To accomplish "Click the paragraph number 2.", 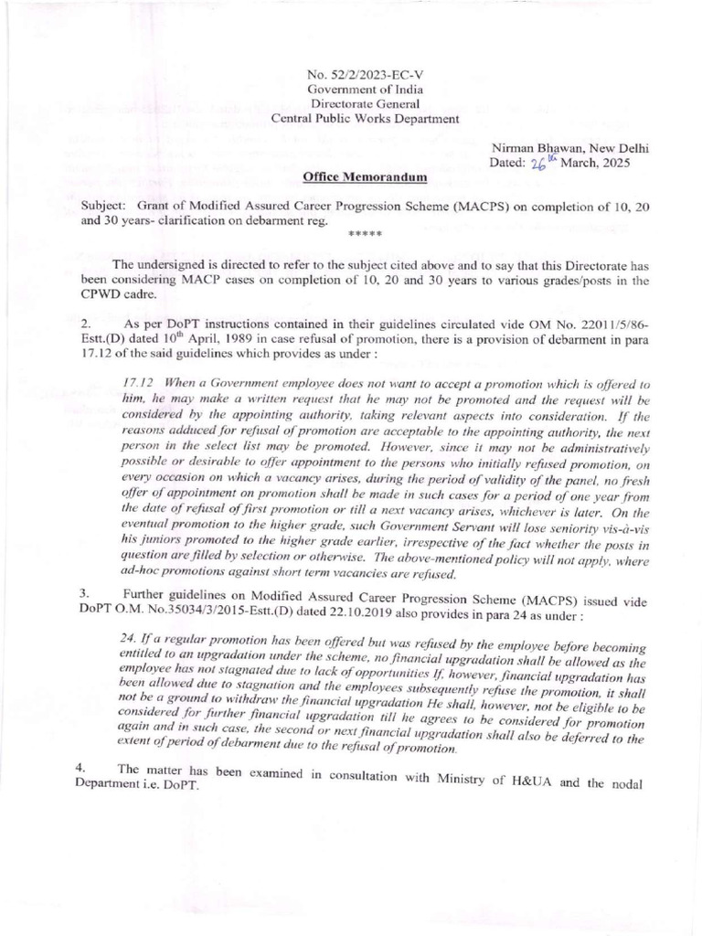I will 85,324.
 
